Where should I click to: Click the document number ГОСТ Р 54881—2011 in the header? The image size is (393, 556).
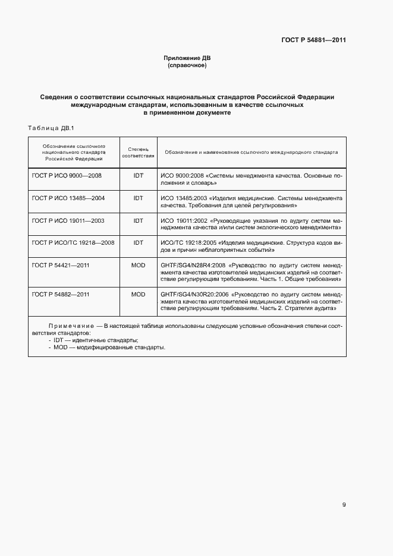[313, 40]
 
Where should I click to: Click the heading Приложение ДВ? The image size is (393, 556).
[187, 58]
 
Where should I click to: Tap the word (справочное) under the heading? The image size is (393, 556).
[187, 65]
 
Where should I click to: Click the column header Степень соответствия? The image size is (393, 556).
[138, 152]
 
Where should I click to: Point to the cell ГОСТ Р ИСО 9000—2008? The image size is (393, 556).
[67, 176]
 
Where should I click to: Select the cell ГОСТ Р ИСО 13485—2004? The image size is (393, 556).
[68, 198]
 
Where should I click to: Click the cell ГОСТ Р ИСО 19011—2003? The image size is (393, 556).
[68, 220]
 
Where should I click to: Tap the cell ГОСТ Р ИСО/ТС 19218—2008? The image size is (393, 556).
[73, 242]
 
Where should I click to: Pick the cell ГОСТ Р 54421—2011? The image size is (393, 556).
[61, 264]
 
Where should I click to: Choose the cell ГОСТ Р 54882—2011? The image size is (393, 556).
[61, 294]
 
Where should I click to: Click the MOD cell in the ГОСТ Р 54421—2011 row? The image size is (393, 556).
[138, 264]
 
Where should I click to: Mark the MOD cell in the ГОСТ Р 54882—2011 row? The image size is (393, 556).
[138, 294]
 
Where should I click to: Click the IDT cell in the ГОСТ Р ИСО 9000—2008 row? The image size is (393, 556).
[138, 176]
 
